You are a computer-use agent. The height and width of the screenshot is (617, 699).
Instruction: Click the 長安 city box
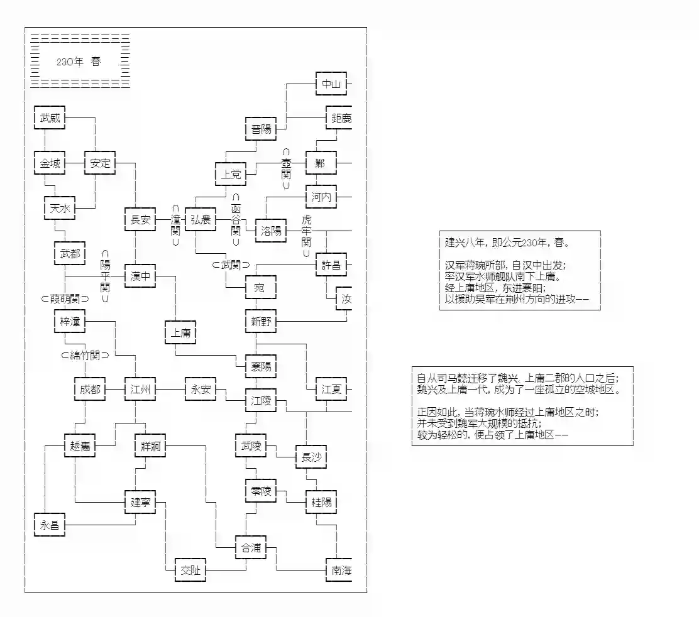[x=140, y=220]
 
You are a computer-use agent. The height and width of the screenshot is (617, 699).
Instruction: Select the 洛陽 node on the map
[x=270, y=231]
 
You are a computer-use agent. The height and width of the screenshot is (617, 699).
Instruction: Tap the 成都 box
[x=90, y=390]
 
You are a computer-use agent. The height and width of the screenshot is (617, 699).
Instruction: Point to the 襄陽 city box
[x=261, y=367]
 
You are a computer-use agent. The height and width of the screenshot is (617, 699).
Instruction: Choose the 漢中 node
[x=140, y=276]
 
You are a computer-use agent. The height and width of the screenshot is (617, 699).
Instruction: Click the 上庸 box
[x=180, y=333]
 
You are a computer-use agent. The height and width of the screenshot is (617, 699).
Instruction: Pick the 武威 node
[x=50, y=117]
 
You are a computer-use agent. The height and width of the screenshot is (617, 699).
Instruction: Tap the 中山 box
[x=331, y=84]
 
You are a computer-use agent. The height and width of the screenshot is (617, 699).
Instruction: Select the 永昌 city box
[x=50, y=525]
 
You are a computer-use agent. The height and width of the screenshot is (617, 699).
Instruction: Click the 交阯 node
[x=190, y=571]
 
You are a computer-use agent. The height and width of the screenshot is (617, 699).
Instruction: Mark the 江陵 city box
[x=261, y=400]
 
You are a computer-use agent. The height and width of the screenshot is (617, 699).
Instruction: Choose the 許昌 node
[x=331, y=265]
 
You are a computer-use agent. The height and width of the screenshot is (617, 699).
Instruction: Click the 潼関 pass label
[x=175, y=226]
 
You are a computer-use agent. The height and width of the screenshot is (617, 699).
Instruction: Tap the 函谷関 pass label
[x=236, y=220]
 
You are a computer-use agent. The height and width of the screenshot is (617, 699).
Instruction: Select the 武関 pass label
[x=231, y=265]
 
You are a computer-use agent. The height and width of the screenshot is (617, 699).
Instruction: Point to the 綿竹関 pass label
[x=85, y=355]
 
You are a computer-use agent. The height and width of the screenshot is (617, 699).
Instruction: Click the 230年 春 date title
[x=79, y=62]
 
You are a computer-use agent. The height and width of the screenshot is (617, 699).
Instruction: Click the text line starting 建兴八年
[x=507, y=243]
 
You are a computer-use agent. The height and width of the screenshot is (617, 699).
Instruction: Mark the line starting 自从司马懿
[x=518, y=378]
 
